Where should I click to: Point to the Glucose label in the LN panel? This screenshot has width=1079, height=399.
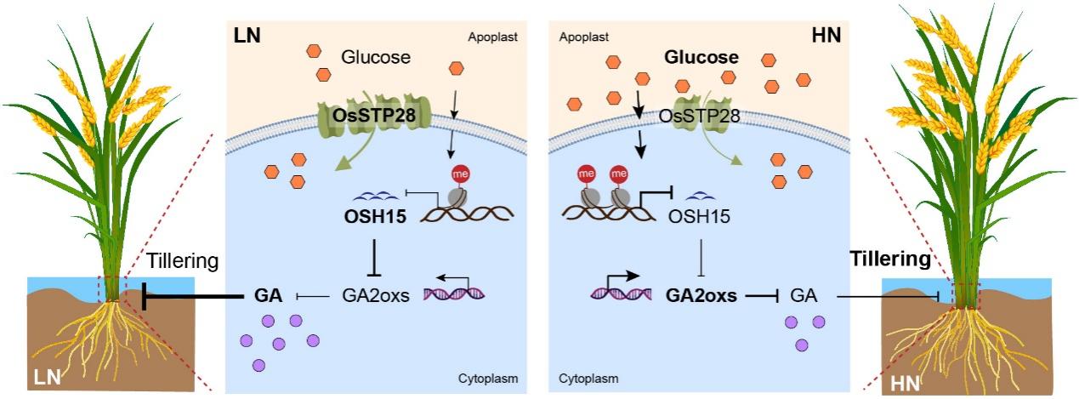click(376, 58)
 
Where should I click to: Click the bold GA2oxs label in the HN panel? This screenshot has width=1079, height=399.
click(699, 296)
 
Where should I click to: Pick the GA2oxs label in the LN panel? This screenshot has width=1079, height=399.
click(376, 296)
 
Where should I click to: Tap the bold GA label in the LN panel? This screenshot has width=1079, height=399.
click(268, 296)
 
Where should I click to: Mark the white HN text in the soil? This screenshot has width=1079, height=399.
click(906, 384)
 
